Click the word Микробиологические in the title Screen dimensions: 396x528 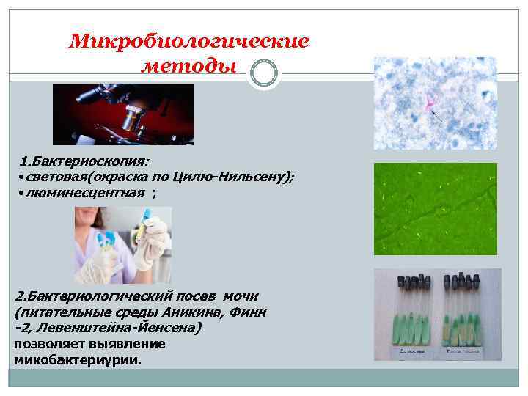click(189, 41)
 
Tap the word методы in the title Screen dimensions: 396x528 click(188, 67)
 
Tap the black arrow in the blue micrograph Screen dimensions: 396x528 click(438, 115)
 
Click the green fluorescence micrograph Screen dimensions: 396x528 click(435, 209)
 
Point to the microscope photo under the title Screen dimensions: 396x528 click(122, 114)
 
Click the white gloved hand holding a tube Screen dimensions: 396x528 click(156, 242)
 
